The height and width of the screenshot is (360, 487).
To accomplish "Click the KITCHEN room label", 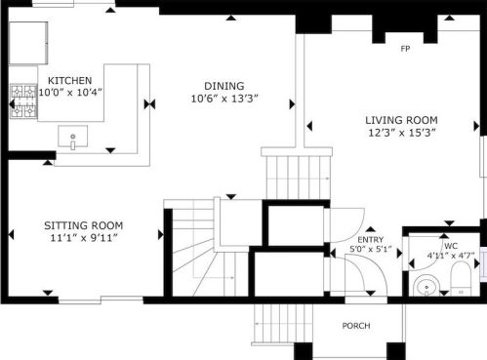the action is pos(69,80).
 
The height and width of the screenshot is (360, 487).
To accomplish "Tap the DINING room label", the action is pos(224,86).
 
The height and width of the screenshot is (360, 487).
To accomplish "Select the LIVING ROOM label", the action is pos(401,120).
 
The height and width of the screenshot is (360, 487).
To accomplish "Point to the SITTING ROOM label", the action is pos(84,225).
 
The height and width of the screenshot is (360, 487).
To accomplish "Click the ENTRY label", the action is pos(371,240).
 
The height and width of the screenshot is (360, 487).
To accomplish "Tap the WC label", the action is pos(451,246).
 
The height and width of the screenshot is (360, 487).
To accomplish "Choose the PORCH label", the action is pos(356,326).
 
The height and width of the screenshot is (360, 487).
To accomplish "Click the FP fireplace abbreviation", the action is pos(405,49).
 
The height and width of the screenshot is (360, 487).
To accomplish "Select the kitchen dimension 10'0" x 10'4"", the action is pos(70,93).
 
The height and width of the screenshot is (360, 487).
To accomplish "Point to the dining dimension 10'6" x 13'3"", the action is pos(224,99).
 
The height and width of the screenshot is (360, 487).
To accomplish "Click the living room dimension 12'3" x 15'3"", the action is pos(402,133).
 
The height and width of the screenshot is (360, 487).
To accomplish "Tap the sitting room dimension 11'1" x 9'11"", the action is pos(84,238).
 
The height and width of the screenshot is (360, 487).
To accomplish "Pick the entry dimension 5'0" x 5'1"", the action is pos(371,250).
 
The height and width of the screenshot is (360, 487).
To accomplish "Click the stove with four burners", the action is pos(23,100).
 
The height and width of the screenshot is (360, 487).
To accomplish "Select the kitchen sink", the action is pos(73,137).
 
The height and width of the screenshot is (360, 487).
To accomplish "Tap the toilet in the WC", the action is pos(461,279).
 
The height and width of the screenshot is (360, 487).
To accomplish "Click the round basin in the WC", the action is pos(426,286).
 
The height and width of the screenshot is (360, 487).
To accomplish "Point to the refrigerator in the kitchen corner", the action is pos(28,43).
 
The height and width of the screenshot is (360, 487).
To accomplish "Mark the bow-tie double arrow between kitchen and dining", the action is pos(149,104).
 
